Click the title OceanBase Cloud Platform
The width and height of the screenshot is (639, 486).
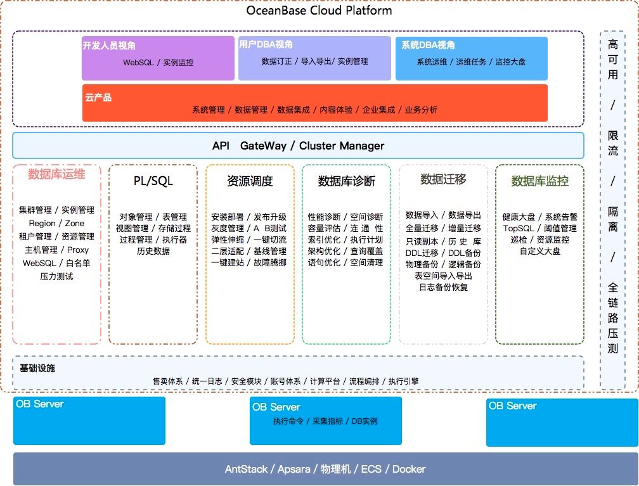point(319,10)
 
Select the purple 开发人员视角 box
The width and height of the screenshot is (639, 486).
point(158,58)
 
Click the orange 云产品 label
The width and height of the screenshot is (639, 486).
point(98,98)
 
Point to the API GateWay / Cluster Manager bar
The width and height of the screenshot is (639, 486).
point(298,146)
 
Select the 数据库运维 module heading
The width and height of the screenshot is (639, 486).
point(56,174)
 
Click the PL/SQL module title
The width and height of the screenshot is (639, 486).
point(153,181)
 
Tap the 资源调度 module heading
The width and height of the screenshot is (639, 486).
point(250,181)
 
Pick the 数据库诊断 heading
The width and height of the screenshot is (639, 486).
point(346,181)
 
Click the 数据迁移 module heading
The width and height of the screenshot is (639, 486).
point(443,179)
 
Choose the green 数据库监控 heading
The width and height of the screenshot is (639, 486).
point(539,181)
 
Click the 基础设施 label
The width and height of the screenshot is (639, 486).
point(37,368)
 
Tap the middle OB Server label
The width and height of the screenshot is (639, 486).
point(276,407)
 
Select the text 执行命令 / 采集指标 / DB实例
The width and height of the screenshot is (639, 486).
point(325,421)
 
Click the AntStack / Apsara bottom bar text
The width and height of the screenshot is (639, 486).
point(325,470)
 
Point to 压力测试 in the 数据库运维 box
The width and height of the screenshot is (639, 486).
point(56,276)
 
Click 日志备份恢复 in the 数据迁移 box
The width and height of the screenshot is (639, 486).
point(443,287)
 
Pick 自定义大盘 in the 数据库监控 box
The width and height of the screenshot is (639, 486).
point(539,251)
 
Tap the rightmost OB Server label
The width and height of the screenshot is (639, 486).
point(512,406)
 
